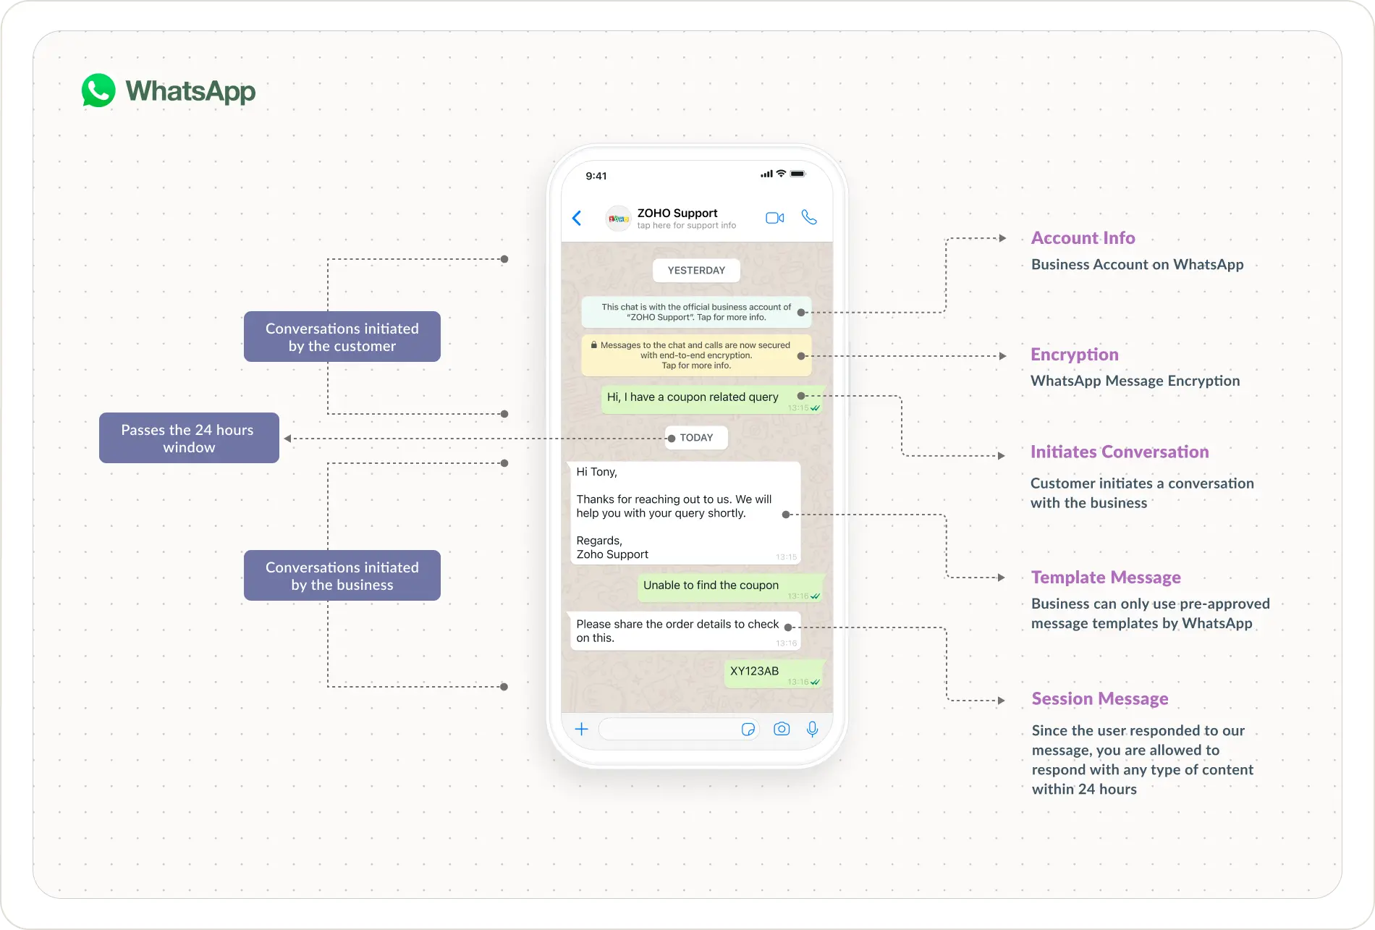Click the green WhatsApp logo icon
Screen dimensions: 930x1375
coord(98,91)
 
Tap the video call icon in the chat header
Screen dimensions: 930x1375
coord(774,218)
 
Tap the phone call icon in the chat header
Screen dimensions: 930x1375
coord(809,217)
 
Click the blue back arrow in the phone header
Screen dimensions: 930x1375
coord(577,218)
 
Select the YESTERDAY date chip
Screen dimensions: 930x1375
coord(696,271)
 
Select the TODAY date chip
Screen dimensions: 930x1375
coord(696,438)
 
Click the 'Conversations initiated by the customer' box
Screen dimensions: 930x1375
coord(342,337)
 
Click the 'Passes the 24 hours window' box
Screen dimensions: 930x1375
coord(189,439)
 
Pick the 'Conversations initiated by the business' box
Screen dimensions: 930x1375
coord(342,576)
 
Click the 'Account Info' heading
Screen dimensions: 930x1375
coord(1083,238)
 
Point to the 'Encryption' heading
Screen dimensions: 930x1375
coord(1074,355)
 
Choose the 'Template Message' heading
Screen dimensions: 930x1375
coord(1105,578)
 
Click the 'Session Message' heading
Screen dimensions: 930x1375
coord(1099,699)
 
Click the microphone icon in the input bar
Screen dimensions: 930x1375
coord(812,729)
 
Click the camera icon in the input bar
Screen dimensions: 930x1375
coord(781,729)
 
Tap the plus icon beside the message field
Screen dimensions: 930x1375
coord(581,729)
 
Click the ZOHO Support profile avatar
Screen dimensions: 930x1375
coord(618,219)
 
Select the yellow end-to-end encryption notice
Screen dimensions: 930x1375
coord(695,355)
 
